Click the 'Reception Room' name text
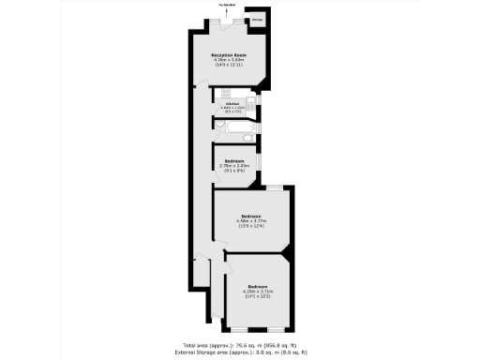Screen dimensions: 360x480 (x=228, y=55)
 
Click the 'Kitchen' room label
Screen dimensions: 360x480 (x=231, y=103)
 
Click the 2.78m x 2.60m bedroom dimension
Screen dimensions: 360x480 (x=234, y=166)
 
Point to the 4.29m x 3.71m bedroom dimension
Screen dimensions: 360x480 (x=259, y=291)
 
